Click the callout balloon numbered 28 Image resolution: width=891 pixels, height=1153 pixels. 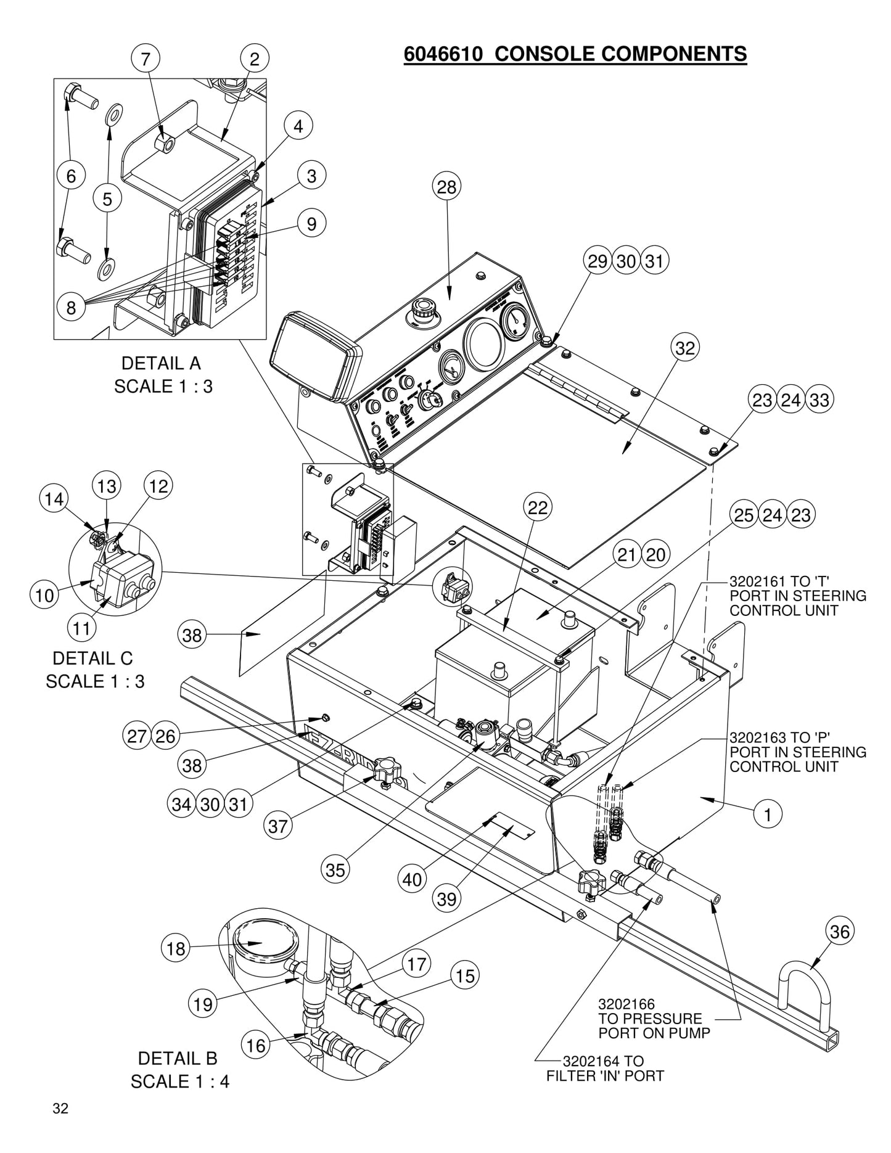tap(446, 187)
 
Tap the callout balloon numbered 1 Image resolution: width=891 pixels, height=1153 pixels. tap(768, 814)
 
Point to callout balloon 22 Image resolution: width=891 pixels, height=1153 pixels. tap(538, 508)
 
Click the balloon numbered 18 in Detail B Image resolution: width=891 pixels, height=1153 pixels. tap(176, 948)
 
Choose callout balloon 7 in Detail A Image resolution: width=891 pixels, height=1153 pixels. tap(146, 59)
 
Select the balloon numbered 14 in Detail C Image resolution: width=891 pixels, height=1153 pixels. tap(54, 498)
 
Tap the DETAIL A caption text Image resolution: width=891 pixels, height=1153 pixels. tap(161, 363)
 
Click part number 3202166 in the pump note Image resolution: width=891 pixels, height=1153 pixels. tap(626, 1006)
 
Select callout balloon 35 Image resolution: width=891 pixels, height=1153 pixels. tap(335, 870)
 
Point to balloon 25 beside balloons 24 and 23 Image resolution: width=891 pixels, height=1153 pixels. tap(744, 515)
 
